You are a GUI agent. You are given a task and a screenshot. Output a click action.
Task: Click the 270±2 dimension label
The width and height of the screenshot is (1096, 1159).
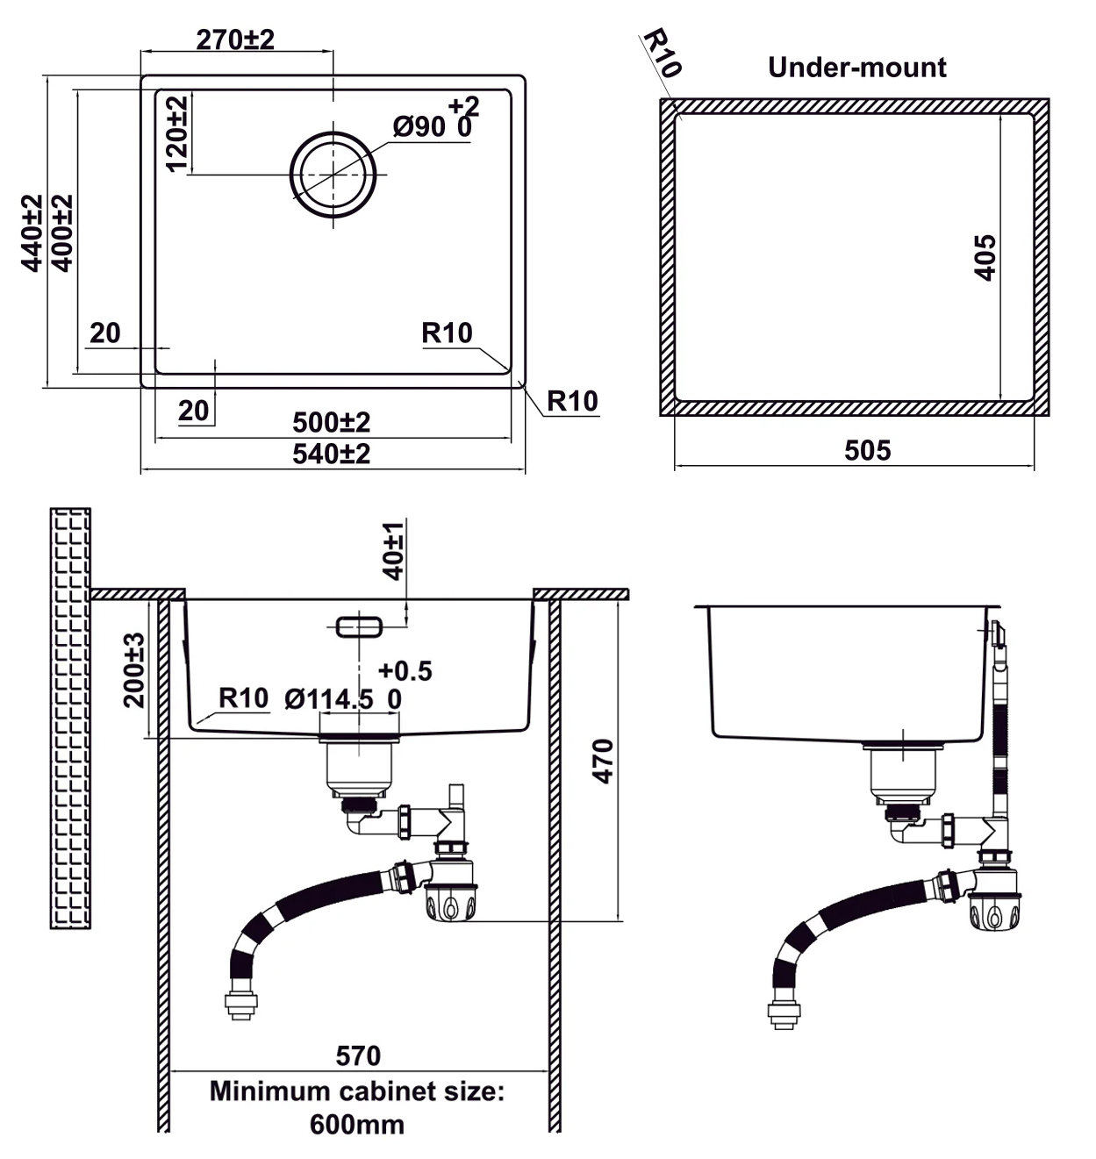coord(235,39)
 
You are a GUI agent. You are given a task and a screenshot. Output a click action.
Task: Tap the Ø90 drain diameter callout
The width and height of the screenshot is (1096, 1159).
coord(419,126)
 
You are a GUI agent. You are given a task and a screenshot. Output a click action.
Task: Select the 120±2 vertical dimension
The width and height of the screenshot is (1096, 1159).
coord(177,134)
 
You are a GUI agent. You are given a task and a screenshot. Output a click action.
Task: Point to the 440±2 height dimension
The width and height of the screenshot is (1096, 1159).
coord(32,233)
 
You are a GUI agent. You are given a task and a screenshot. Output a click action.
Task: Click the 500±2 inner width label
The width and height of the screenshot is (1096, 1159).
coord(332,422)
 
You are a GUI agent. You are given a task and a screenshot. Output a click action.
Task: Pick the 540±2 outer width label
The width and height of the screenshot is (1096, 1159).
coord(332,454)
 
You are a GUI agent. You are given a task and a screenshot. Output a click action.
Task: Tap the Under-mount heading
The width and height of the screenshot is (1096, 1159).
coord(856,68)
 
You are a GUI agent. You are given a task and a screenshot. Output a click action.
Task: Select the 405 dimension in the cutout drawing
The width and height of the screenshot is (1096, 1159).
coord(985,258)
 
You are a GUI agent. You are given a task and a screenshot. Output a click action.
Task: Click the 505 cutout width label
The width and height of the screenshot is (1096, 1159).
coord(867,450)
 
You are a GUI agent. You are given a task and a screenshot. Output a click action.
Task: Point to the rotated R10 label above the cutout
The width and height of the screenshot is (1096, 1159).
coord(663,53)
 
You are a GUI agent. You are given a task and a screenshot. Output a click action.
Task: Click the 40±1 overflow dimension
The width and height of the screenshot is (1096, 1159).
coord(393,551)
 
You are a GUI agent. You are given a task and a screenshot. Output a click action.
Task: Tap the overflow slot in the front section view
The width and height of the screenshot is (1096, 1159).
coord(359,626)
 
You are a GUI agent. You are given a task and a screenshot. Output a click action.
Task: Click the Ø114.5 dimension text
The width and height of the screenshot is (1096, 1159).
coord(328,699)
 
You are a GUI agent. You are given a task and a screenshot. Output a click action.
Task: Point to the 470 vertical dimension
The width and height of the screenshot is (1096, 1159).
coord(603,761)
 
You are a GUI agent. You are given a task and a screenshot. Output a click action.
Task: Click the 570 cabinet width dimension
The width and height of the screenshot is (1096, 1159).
coord(358,1055)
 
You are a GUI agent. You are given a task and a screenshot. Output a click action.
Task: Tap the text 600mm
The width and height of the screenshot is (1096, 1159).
coord(356,1125)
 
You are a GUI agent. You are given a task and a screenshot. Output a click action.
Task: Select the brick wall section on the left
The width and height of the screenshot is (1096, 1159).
coord(70,719)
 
